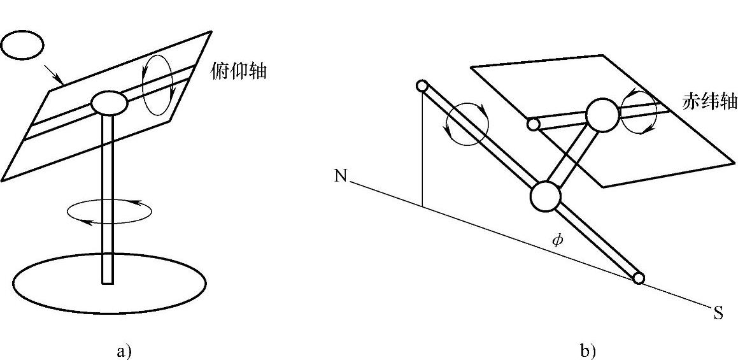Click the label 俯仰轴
238,71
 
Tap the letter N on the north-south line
341,176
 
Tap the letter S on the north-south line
718,313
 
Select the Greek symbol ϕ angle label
557,240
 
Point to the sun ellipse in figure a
22,45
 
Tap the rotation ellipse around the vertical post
110,212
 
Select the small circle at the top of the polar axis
421,86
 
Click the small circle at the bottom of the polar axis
639,278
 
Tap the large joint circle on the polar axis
545,196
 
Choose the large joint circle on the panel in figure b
602,115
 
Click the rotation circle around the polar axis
467,124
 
